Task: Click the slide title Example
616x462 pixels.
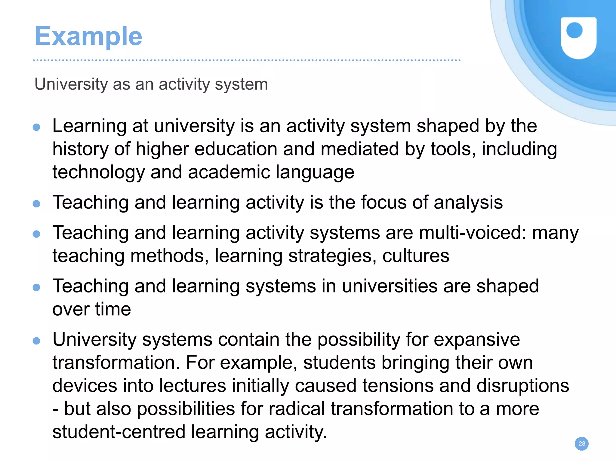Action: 88,36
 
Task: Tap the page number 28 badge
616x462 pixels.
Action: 582,444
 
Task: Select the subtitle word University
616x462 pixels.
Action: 71,84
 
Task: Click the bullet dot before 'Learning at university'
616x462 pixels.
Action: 36,127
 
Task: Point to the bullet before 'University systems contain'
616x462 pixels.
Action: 36,341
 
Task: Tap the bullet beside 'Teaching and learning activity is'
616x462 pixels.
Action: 36,204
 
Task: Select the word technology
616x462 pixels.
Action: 99,172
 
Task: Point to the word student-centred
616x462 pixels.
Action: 119,432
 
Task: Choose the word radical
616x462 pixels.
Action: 297,409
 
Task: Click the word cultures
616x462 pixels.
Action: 416,256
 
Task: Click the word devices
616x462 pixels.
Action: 85,386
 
